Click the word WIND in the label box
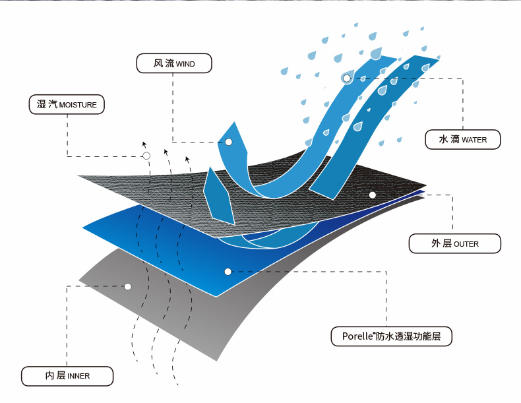tap(185, 64)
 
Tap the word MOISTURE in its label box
tap(78, 105)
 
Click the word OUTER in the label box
tap(466, 244)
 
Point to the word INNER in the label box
tap(78, 376)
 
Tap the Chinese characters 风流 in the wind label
tap(164, 63)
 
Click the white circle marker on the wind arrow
tap(229, 142)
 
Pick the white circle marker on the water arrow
tap(347, 78)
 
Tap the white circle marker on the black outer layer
tap(372, 195)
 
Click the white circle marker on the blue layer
tap(228, 272)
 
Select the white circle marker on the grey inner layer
tap(128, 286)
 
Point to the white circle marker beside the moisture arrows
tap(146, 156)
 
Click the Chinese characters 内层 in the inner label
tap(55, 375)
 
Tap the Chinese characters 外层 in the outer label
tap(441, 243)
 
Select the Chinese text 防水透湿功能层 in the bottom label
tap(412, 336)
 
